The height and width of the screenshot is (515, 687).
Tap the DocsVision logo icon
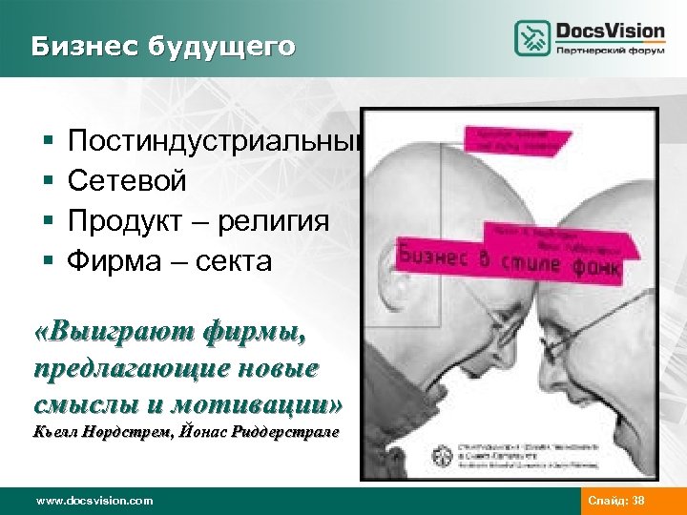[532, 38]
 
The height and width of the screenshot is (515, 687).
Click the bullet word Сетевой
[127, 181]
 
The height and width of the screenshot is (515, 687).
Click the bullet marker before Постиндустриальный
[47, 142]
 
